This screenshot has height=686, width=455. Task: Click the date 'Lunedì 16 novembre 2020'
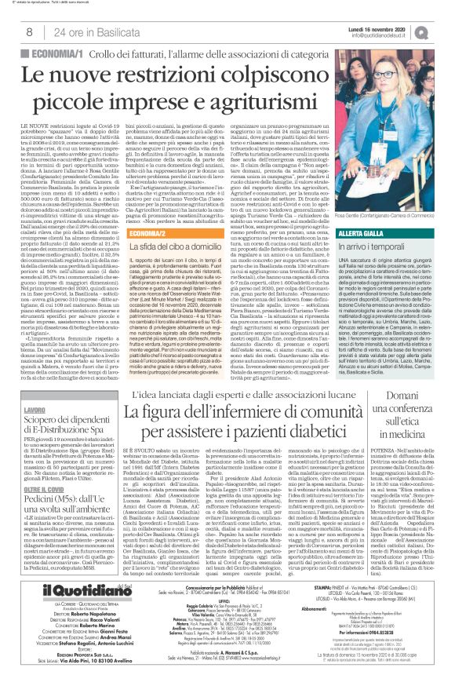pos(399,26)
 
